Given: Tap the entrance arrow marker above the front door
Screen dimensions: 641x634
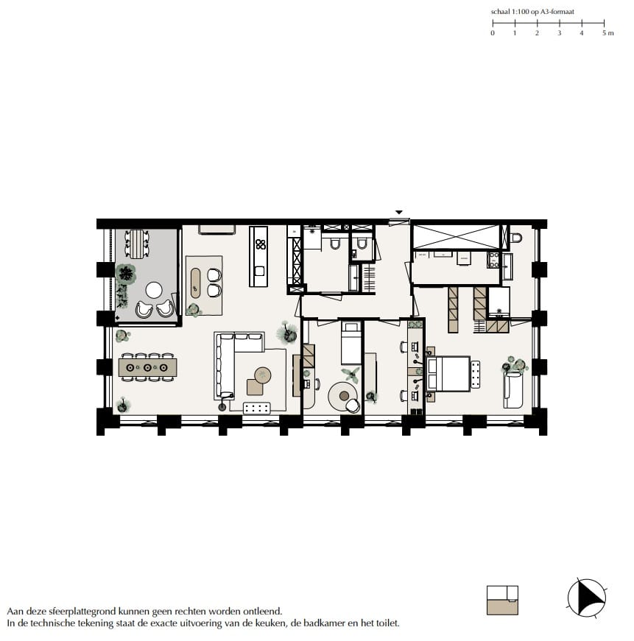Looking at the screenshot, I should pos(398,213).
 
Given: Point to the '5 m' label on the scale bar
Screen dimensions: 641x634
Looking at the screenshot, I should pos(607,33).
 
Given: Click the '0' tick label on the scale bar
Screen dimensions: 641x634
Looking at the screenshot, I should pos(493,33).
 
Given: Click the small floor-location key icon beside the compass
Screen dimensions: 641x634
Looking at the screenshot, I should pos(503,600).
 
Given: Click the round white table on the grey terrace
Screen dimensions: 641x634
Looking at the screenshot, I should pos(155,288).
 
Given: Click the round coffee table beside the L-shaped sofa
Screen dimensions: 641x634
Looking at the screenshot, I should pos(263,376).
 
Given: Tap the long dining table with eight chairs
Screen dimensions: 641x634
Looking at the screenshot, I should pos(147,366).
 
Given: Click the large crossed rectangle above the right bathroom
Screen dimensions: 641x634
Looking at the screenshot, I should pos(455,237).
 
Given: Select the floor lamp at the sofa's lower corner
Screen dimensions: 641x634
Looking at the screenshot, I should pos(222,406).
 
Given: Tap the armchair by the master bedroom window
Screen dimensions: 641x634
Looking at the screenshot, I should pos(513,389).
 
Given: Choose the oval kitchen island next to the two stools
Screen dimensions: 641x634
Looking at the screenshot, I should pos(196,280).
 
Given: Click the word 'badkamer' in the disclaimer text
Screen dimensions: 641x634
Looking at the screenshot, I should pos(319,623).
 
